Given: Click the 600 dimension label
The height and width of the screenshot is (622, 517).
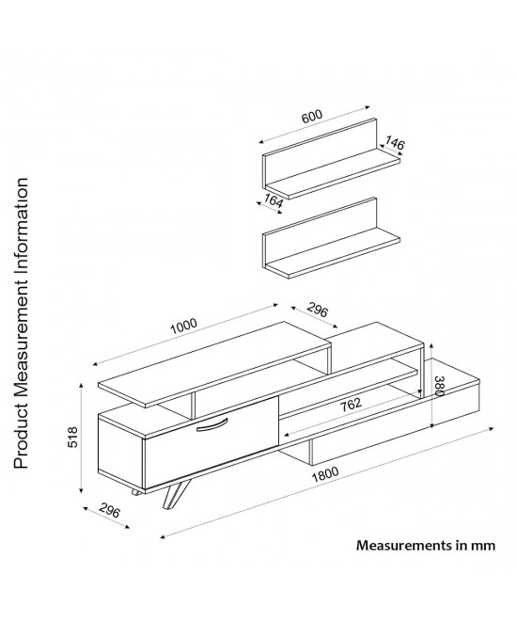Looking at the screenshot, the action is (312, 117).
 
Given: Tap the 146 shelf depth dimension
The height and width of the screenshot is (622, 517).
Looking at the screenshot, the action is (394, 143).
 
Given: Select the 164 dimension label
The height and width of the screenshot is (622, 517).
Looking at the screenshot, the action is (274, 201).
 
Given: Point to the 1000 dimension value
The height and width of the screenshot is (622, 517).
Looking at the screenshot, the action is (183, 327).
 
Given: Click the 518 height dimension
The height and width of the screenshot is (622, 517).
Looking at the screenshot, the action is (73, 438).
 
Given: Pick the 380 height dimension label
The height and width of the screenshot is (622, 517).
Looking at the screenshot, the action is (439, 386).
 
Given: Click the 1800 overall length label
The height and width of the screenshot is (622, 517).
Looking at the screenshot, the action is (325, 474).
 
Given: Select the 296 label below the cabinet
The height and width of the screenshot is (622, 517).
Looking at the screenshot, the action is (109, 510).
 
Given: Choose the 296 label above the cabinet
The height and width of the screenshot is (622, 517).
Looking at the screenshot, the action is (318, 311).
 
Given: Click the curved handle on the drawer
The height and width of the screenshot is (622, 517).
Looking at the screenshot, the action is (211, 423).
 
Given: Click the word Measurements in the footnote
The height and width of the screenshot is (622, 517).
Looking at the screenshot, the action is (403, 545).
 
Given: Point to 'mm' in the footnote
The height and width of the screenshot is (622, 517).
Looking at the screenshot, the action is (482, 546).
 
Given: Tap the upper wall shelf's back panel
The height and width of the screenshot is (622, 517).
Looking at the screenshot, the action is (321, 152).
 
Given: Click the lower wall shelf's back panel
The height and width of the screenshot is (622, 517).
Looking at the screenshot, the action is (321, 232).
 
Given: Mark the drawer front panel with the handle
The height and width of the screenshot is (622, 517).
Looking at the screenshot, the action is (211, 442).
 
